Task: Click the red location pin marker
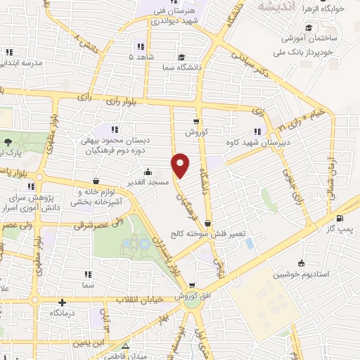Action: [181, 165]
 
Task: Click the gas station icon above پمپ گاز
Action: [340, 218]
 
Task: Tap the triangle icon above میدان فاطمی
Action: [125, 346]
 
